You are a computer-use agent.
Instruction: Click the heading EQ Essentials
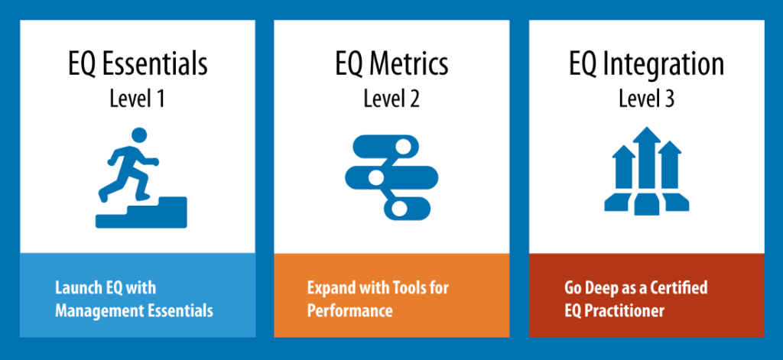point(138,64)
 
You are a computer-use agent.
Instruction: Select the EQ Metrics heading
point(391,64)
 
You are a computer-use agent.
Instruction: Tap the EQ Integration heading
point(646,64)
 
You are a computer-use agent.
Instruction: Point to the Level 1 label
point(137,99)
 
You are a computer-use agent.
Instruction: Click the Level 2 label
point(391,99)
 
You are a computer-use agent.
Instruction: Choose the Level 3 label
point(646,99)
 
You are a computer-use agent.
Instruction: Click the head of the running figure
point(139,135)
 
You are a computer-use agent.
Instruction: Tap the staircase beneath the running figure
point(141,213)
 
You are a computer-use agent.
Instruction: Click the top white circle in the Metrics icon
point(403,147)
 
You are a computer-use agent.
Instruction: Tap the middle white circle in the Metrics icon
point(375,177)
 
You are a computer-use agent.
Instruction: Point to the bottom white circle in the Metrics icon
point(399,209)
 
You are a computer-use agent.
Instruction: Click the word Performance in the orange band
point(349,311)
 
